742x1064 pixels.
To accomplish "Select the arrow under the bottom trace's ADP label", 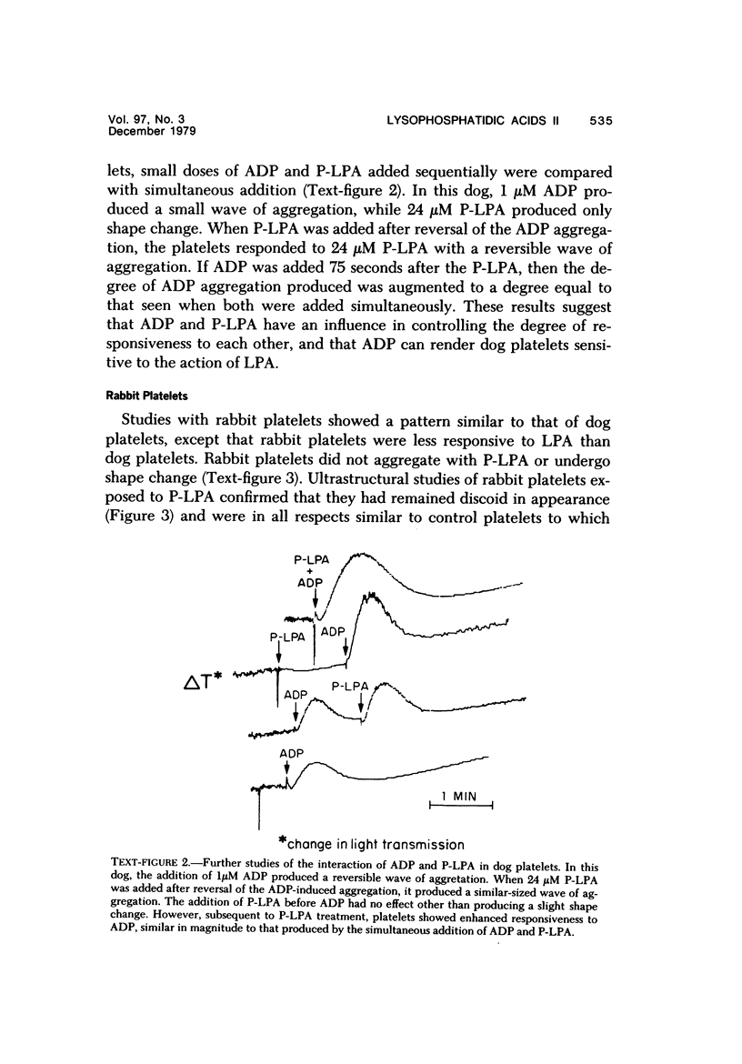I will [x=288, y=771].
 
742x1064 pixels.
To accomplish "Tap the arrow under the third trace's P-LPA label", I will [x=362, y=701].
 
